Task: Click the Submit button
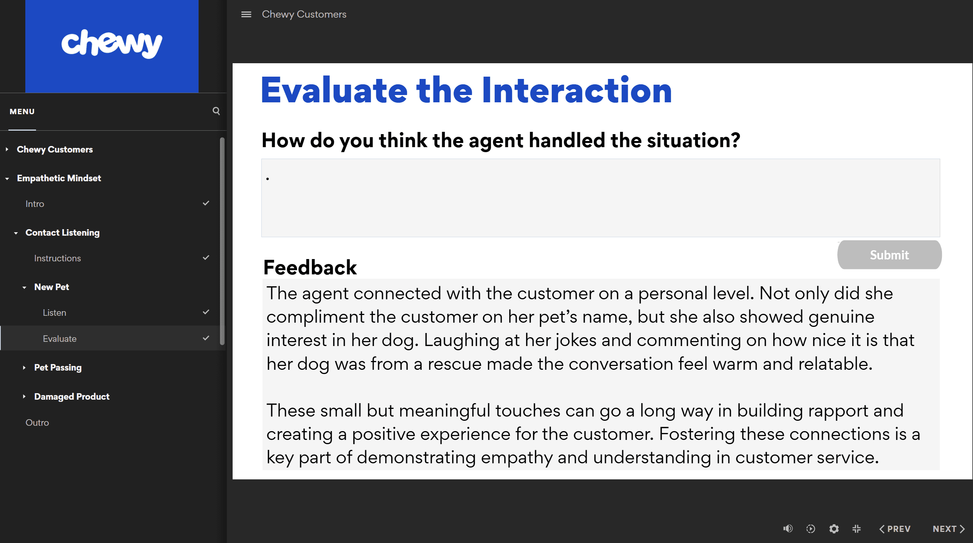[x=889, y=255]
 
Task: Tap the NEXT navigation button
[x=948, y=529]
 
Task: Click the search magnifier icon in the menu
[x=216, y=111]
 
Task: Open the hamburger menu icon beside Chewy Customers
[x=246, y=14]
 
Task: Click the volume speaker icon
[x=788, y=529]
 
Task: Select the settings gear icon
[x=834, y=529]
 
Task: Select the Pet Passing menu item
[x=58, y=367]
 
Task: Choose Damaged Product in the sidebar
[x=72, y=396]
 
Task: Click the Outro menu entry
[x=37, y=422]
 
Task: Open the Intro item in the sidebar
[x=35, y=204]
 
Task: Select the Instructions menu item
[x=57, y=258]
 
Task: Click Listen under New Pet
[x=54, y=313]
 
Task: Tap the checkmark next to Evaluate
[x=206, y=338]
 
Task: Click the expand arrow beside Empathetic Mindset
[x=7, y=179]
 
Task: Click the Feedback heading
[x=310, y=267]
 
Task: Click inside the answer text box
[x=601, y=198]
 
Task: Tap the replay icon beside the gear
[x=811, y=529]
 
